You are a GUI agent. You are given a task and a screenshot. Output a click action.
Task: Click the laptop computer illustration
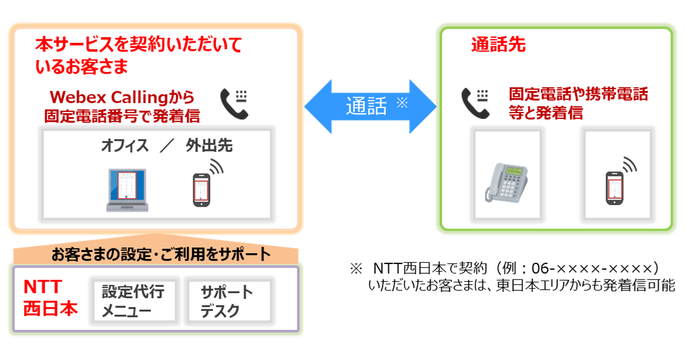click(x=127, y=190)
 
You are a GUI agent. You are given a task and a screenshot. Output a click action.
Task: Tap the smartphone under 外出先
click(x=201, y=190)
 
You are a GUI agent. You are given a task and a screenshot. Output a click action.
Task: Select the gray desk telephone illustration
click(x=506, y=183)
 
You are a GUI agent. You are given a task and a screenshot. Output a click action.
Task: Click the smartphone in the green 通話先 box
click(x=615, y=188)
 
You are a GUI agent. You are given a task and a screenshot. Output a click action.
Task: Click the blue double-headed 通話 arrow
click(x=370, y=106)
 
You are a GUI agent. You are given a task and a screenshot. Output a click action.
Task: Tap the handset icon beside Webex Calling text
click(x=234, y=104)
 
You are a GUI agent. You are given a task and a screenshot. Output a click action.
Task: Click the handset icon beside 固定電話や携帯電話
click(x=475, y=103)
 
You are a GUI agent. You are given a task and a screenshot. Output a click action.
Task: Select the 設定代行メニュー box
click(x=134, y=301)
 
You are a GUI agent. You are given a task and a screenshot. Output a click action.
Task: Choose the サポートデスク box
click(x=229, y=301)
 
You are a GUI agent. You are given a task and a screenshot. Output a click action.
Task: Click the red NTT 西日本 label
click(x=50, y=298)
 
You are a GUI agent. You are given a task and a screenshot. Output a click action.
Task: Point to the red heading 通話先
click(x=498, y=45)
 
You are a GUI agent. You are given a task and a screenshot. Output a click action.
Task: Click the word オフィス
click(x=125, y=145)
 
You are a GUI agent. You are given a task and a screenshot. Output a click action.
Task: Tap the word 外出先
click(x=209, y=145)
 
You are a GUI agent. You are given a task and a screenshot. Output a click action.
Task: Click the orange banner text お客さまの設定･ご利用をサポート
click(x=161, y=254)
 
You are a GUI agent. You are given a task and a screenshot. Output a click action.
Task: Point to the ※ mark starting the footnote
click(x=356, y=269)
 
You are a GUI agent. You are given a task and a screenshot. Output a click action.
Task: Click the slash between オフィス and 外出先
click(x=167, y=145)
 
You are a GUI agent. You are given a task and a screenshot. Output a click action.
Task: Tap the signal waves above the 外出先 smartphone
click(x=216, y=166)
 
